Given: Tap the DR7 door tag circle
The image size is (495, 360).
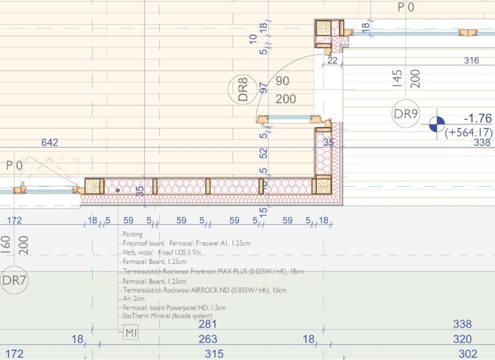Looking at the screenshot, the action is point(15,267).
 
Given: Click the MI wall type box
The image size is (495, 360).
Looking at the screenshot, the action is point(131,332).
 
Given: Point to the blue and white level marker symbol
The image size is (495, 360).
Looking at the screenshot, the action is point(437,124).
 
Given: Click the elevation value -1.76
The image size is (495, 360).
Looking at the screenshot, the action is point(478,118).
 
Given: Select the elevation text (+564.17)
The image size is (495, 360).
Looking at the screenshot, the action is point(468,132).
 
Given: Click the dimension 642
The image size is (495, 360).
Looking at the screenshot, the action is point(50,142).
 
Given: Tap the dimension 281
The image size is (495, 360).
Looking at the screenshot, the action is point(207,324).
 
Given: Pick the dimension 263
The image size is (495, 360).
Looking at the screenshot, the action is point(208,339).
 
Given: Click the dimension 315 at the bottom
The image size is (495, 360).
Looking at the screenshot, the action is point(214,354).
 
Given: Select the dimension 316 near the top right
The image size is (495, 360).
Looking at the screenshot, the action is point(471,60).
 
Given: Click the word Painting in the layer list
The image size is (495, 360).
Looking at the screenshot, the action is point(132,235).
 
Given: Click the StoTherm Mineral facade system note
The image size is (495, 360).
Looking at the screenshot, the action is point(167,316).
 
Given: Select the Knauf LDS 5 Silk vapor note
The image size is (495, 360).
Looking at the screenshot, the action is point(161,252).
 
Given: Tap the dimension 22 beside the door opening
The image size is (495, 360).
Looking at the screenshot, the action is point(332,60).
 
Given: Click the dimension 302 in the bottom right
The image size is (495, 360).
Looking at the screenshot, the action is point(468,354).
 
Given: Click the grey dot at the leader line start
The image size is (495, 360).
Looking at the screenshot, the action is point(118,190).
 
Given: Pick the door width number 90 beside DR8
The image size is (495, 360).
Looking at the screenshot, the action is point(282,81).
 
